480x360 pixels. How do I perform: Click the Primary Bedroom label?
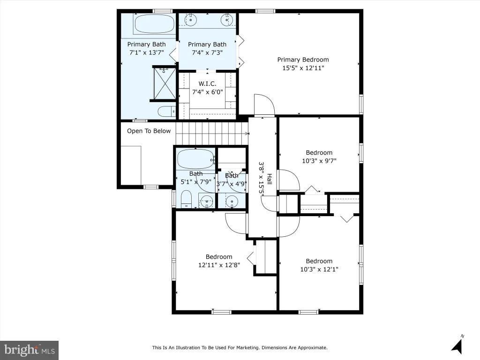pyautogui.click(x=303, y=60)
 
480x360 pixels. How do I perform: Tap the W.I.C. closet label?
pyautogui.click(x=207, y=83)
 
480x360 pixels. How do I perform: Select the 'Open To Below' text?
pyautogui.click(x=149, y=131)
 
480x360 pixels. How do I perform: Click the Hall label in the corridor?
pyautogui.click(x=270, y=179)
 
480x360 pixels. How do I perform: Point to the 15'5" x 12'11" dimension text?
pyautogui.click(x=303, y=68)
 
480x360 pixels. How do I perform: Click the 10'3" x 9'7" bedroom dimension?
pyautogui.click(x=319, y=161)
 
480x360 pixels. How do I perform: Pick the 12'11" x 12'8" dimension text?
pyautogui.click(x=219, y=265)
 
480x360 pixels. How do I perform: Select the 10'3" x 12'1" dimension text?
pyautogui.click(x=319, y=269)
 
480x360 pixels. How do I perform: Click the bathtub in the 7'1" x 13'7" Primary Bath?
pyautogui.click(x=154, y=24)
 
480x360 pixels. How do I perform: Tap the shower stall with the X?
pyautogui.click(x=165, y=84)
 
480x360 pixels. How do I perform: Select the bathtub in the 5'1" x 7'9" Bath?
pyautogui.click(x=196, y=158)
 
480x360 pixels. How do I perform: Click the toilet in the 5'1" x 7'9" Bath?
pyautogui.click(x=186, y=199)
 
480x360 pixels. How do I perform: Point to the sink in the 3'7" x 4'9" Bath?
pyautogui.click(x=232, y=202)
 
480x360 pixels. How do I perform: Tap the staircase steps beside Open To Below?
pyautogui.click(x=212, y=134)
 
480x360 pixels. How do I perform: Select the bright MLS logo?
pyautogui.click(x=30, y=350)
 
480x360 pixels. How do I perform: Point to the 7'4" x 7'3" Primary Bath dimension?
pyautogui.click(x=207, y=52)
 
